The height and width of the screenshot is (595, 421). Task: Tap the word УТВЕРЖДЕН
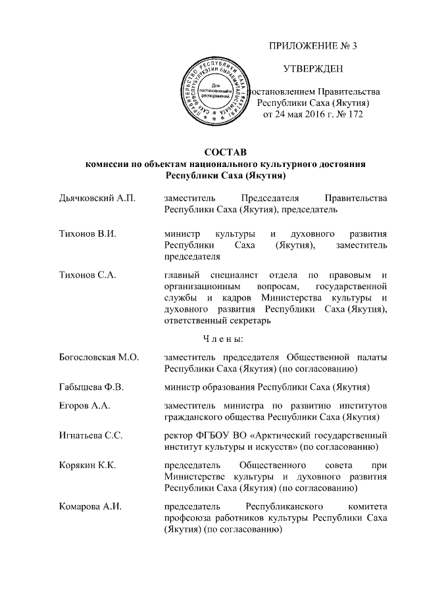312,69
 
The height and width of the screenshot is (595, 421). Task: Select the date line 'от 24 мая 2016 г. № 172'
312,114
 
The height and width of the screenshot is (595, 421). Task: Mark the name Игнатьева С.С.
87,436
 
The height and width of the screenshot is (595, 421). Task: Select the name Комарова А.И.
86,506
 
